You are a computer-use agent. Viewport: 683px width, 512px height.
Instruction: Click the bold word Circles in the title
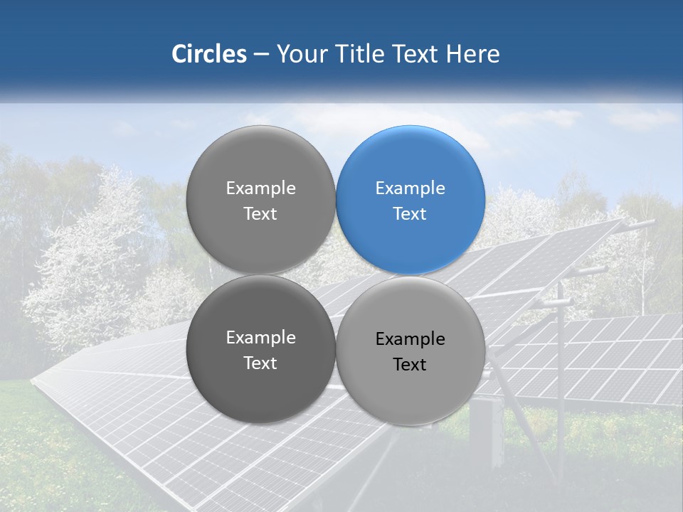[x=209, y=54]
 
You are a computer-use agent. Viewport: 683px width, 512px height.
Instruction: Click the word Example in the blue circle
[x=410, y=188]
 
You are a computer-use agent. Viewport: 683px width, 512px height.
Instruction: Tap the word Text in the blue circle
[x=410, y=213]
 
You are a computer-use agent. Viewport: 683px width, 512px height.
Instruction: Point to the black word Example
[x=410, y=339]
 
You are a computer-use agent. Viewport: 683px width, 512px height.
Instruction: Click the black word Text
[x=410, y=364]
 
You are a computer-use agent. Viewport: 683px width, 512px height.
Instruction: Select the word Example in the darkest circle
[x=260, y=338]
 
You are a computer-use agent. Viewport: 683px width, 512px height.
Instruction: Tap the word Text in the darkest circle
[x=260, y=363]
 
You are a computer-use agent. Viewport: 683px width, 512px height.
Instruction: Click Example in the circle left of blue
[x=260, y=188]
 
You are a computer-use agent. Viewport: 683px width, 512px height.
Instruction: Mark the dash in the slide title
[x=261, y=55]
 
